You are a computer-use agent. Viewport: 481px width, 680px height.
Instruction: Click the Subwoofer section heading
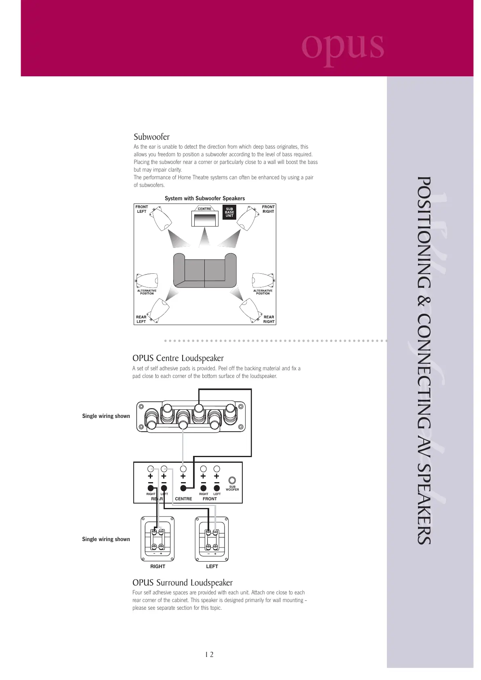point(151,137)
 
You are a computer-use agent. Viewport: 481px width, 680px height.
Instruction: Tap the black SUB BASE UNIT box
point(229,212)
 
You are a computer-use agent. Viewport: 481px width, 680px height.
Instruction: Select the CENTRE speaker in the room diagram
point(204,216)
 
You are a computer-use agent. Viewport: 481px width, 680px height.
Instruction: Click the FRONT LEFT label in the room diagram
point(142,209)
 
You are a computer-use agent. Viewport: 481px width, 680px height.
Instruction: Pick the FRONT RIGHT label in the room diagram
point(268,209)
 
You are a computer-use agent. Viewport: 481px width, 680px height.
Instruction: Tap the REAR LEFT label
point(141,319)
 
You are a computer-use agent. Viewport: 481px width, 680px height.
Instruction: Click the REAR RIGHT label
point(269,319)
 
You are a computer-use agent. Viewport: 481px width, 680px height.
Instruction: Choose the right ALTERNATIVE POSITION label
point(263,292)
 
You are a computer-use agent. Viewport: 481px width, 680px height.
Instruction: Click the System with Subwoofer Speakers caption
point(205,198)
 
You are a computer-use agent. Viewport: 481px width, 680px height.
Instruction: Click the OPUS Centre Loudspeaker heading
point(178,358)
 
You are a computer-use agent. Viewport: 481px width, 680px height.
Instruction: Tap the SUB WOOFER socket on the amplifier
point(232,481)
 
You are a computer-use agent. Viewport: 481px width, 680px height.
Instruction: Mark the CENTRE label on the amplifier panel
point(183,499)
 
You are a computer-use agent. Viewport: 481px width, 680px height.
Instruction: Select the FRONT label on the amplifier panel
point(210,499)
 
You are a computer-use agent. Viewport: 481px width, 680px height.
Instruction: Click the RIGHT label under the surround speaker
point(158,567)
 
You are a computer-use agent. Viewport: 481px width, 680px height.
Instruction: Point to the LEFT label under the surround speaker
point(212,567)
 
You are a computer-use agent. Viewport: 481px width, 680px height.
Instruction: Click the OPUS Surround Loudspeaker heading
point(183,583)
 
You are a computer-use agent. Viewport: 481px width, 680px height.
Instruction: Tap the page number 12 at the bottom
point(209,655)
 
